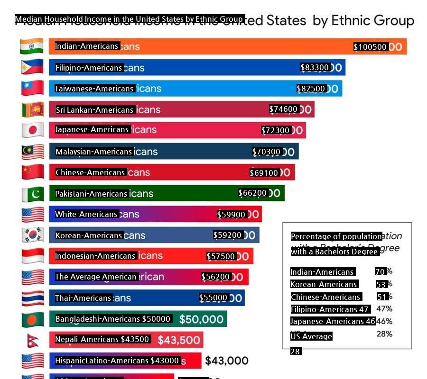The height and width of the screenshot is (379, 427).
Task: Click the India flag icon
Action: tap(32, 46)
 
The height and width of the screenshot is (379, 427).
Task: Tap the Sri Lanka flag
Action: tap(32, 109)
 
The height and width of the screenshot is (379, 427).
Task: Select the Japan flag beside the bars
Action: tap(32, 130)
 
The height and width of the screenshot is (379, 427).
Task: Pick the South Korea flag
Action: tap(32, 235)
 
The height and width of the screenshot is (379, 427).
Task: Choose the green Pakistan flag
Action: tap(32, 194)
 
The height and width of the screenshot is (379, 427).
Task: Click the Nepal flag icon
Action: tap(32, 340)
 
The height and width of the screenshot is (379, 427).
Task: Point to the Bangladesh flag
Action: tap(32, 319)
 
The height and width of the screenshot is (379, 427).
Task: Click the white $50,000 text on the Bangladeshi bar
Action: tap(201, 319)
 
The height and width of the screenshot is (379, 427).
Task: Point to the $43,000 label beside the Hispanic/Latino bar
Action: tap(227, 361)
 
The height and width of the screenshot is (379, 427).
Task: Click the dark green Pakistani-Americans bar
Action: tap(190, 194)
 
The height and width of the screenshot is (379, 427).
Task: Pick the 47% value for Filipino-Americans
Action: tap(384, 309)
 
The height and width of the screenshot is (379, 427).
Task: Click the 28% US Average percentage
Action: tap(384, 334)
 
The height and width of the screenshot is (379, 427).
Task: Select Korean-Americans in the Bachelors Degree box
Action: tap(324, 284)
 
